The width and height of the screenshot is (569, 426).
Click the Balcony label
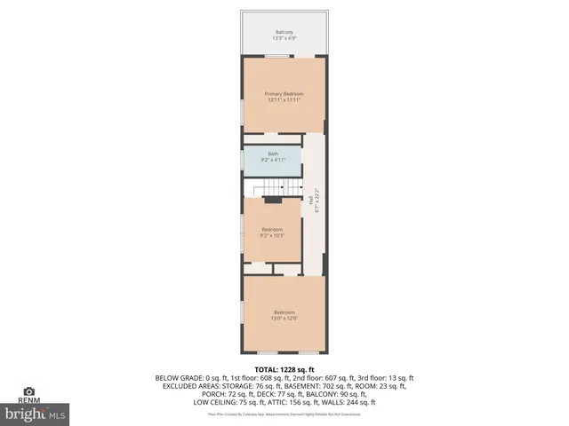284,32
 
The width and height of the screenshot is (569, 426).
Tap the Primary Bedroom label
284,94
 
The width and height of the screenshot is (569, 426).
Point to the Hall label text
310,202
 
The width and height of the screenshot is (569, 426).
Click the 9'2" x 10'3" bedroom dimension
272,235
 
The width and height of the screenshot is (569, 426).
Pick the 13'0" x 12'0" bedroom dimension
284,319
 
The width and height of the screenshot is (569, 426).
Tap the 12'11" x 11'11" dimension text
284,100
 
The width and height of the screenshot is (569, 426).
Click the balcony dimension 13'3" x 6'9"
284,38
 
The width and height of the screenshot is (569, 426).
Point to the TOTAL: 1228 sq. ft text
284,369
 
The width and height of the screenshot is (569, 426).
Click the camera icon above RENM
28,390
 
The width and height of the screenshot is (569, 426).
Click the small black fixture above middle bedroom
273,201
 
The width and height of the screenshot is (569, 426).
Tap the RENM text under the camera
28,400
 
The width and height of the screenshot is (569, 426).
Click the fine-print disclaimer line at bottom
284,414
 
